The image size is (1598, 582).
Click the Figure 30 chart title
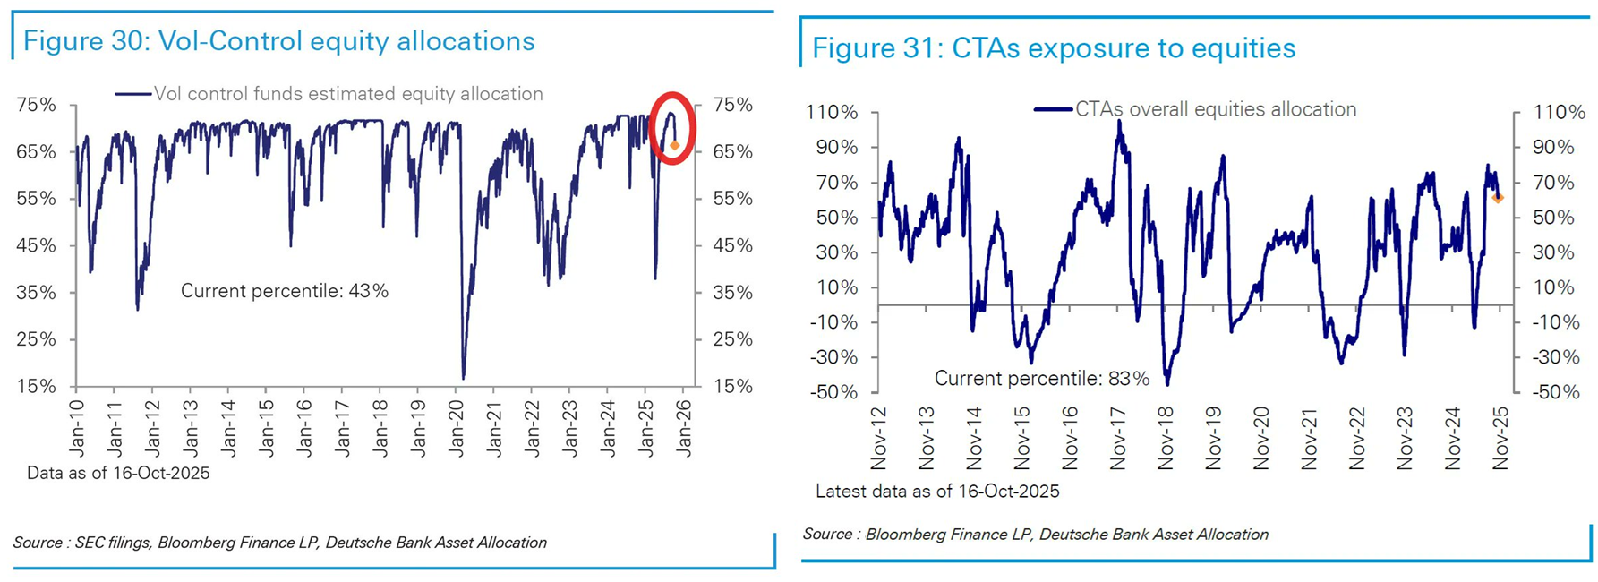pos(278,41)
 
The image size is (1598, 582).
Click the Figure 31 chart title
pos(1053,48)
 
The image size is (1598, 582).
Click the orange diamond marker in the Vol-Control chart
pos(675,145)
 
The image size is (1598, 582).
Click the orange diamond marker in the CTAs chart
pos(1498,198)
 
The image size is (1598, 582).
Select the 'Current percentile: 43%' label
pos(285,291)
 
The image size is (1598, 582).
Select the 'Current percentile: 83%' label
pos(1041,379)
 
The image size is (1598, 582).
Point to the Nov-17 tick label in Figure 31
pos(1117,438)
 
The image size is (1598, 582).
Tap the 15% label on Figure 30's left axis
pos(37,387)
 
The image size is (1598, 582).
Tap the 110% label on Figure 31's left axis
pos(832,113)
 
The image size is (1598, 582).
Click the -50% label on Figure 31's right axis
pos(1555,392)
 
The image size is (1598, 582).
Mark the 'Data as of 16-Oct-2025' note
pos(118,473)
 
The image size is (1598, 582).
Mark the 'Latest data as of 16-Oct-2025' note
pos(937,491)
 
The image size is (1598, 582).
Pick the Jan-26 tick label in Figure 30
pos(684,428)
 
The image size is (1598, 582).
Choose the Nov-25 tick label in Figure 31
pos(1500,438)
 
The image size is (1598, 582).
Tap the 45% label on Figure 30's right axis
pos(732,245)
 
